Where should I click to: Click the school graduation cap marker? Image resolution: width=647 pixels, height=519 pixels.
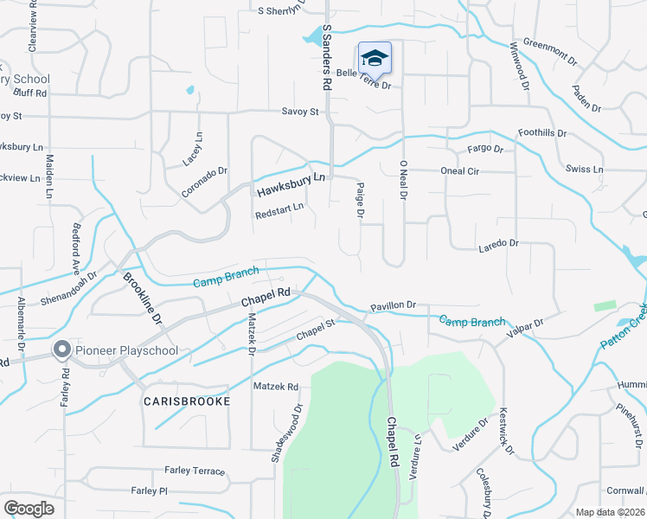pyautogui.click(x=375, y=58)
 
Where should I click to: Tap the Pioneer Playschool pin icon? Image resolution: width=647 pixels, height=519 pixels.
pyautogui.click(x=62, y=349)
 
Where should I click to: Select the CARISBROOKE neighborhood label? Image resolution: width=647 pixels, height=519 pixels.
pyautogui.click(x=187, y=402)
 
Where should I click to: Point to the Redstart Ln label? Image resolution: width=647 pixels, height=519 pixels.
pyautogui.click(x=279, y=208)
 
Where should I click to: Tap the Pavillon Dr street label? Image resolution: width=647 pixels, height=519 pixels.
pyautogui.click(x=394, y=305)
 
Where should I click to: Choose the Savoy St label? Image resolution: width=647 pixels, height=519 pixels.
pyautogui.click(x=300, y=112)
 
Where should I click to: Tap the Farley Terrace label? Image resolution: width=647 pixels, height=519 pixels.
pyautogui.click(x=195, y=471)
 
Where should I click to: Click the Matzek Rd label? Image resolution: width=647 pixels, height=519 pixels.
pyautogui.click(x=275, y=387)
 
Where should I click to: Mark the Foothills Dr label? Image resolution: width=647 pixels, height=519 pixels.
pyautogui.click(x=541, y=133)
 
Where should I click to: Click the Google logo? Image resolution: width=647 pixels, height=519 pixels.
pyautogui.click(x=29, y=509)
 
